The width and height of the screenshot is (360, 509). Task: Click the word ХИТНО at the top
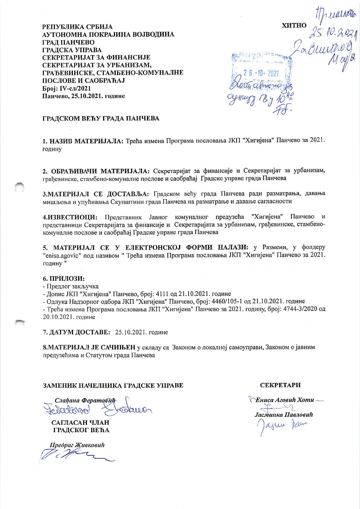point(294,25)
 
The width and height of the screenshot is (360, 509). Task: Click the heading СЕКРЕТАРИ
point(280,385)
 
